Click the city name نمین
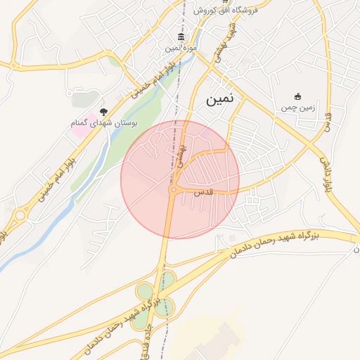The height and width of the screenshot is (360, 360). tap(221, 101)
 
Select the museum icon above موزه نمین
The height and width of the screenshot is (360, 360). tap(181, 37)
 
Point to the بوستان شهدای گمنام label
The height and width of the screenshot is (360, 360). tap(104, 123)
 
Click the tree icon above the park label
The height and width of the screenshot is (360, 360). tap(104, 111)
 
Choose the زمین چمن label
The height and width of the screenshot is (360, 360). tap(296, 108)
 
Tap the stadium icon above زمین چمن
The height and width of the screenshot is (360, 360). tap(297, 96)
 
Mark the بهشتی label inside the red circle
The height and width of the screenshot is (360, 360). tap(181, 156)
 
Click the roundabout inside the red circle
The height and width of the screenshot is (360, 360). tap(173, 189)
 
